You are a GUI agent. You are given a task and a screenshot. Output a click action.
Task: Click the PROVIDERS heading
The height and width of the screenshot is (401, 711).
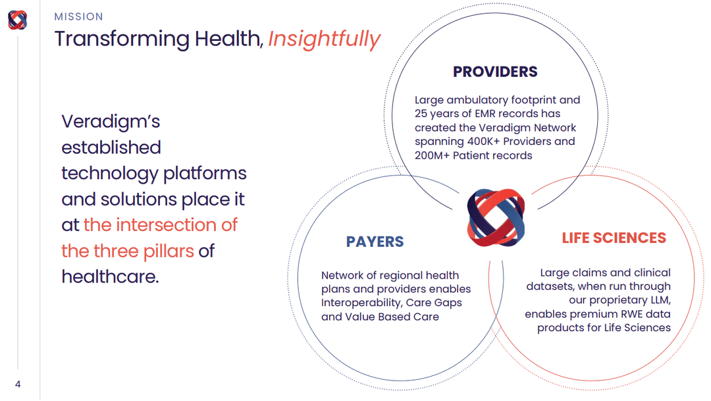pos(495,72)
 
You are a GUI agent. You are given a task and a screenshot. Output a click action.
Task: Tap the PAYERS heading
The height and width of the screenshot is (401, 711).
pos(375,242)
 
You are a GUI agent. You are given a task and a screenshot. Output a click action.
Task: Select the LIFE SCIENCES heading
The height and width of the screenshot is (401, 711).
pos(614,238)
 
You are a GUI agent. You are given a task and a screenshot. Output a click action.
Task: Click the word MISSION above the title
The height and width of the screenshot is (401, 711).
pos(78,16)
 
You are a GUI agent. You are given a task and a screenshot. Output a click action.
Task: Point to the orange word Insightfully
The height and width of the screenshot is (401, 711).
pos(324,39)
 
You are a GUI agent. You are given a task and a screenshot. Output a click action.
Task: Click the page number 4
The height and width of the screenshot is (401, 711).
pos(18,384)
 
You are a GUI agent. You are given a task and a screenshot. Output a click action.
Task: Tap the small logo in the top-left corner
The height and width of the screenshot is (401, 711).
pos(18,20)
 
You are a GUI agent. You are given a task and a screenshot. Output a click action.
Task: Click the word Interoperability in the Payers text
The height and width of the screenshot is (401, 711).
pos(360,303)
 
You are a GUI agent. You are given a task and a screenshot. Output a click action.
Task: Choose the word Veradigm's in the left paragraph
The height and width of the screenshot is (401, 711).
pos(111,122)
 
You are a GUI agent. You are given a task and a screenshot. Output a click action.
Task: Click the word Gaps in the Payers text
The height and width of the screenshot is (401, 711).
pos(448,303)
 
